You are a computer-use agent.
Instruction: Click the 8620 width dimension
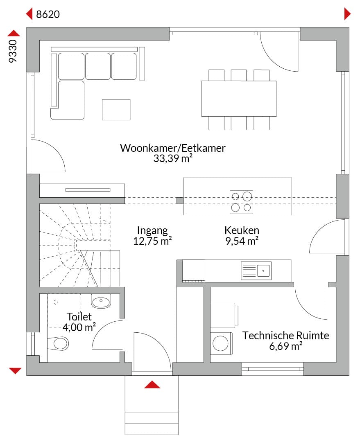(48, 14)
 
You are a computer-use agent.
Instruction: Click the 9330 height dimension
(13, 51)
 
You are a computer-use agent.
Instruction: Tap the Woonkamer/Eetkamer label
(173, 148)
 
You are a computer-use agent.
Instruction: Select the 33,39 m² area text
(173, 158)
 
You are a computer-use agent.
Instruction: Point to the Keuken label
(242, 230)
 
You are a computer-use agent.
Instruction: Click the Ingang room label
(152, 231)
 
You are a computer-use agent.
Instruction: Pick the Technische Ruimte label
(285, 336)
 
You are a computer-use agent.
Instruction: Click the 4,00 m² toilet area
(79, 327)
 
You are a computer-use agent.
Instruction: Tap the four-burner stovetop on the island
(241, 202)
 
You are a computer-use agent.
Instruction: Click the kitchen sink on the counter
(256, 271)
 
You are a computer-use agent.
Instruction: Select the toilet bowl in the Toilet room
(58, 343)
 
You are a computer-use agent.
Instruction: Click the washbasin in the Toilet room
(101, 301)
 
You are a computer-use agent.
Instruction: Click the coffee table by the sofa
(116, 110)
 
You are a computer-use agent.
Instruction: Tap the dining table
(239, 99)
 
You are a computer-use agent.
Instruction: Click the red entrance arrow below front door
(152, 384)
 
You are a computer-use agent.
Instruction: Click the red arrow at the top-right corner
(347, 14)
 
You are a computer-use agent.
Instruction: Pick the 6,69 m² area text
(285, 346)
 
